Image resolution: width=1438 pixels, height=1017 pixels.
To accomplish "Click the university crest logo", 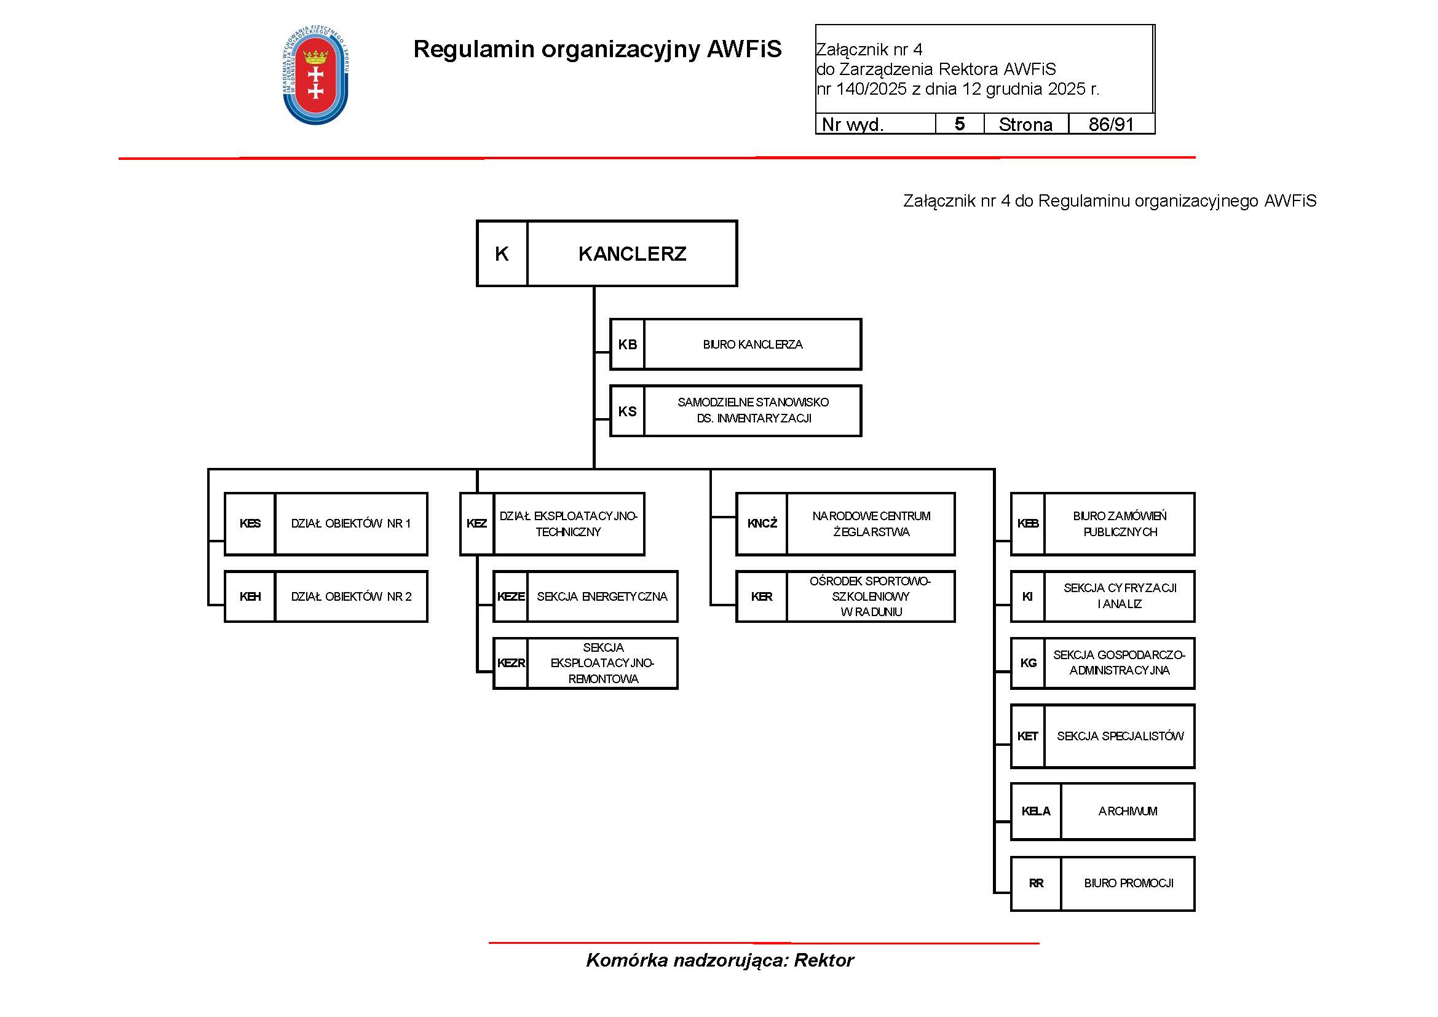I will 315,76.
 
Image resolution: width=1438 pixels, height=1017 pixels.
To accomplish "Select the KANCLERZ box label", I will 632,253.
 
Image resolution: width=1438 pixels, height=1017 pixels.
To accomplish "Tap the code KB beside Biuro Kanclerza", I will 627,344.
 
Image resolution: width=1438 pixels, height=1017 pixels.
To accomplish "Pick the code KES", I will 250,523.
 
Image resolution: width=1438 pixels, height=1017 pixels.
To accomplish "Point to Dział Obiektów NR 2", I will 350,596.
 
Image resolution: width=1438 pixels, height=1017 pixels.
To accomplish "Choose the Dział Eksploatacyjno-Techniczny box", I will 568,523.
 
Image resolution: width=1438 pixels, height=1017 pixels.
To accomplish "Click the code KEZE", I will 510,596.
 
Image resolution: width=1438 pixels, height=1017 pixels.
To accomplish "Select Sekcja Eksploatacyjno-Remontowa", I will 602,663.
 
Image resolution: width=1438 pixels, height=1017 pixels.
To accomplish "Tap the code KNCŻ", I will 762,523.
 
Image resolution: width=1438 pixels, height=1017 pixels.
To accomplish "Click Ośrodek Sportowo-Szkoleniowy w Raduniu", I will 871,596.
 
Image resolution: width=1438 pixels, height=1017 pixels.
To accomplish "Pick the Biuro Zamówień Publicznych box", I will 1119,523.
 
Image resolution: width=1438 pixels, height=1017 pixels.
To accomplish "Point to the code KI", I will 1027,596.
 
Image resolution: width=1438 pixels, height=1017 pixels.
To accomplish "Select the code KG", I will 1028,663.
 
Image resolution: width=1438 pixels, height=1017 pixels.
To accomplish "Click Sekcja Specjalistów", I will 1120,736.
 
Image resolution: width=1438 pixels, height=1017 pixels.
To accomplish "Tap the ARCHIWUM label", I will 1128,811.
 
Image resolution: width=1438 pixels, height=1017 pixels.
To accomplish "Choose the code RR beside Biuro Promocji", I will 1036,883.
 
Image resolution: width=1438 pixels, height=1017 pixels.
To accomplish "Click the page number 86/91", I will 1111,124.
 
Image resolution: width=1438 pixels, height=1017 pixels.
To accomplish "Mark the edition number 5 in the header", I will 959,124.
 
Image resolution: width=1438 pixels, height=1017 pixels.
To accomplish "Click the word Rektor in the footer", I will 824,960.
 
